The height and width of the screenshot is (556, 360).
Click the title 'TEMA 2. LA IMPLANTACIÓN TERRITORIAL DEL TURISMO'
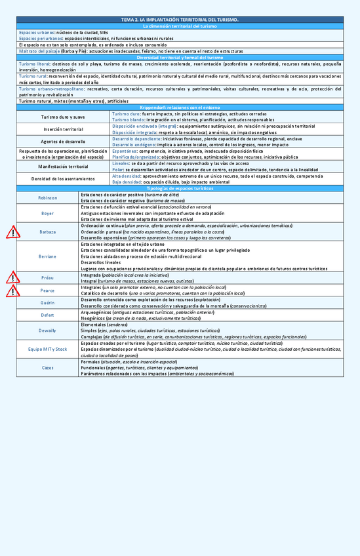[x=180, y=20]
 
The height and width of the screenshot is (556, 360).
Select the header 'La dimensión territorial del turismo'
[x=180, y=26]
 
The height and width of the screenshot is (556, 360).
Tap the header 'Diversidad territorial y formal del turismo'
[x=180, y=58]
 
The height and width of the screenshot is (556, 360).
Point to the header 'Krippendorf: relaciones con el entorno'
[x=180, y=107]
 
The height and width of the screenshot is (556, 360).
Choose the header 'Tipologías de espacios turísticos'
[x=180, y=188]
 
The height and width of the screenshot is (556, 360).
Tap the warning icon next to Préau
[x=12, y=278]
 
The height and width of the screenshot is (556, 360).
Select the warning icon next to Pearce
[x=12, y=290]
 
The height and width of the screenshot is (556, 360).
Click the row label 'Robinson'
[x=47, y=197]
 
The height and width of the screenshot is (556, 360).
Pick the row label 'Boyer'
[x=47, y=214]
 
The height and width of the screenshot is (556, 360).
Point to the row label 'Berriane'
[x=47, y=256]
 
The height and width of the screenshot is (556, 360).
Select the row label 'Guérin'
[x=47, y=302]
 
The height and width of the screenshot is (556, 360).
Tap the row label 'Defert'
[x=47, y=315]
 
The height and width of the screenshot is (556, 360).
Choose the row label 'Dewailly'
[x=47, y=330]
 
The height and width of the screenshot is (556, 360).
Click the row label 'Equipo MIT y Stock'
[x=47, y=349]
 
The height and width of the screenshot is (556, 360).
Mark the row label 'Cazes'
[x=47, y=368]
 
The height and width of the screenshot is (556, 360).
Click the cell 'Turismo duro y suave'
[x=63, y=117]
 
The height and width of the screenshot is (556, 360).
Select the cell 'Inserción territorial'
[x=63, y=129]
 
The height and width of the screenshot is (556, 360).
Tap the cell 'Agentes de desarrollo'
[x=63, y=142]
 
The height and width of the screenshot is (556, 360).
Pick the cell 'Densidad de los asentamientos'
[x=63, y=179]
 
